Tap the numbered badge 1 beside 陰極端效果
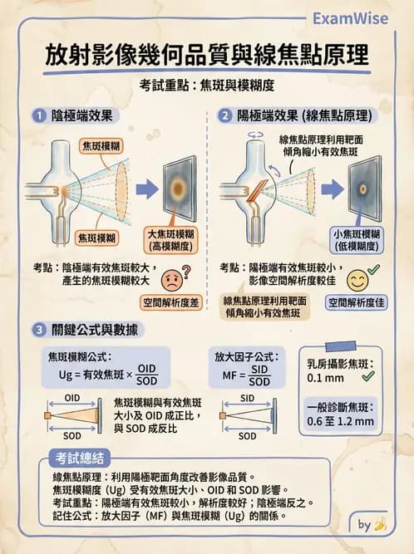tap(37, 115)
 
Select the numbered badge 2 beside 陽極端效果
tap(224, 115)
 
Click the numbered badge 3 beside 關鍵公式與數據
tap(37, 330)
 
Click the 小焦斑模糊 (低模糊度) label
tap(356, 239)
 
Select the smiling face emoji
tap(357, 277)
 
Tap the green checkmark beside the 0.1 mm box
tap(367, 376)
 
